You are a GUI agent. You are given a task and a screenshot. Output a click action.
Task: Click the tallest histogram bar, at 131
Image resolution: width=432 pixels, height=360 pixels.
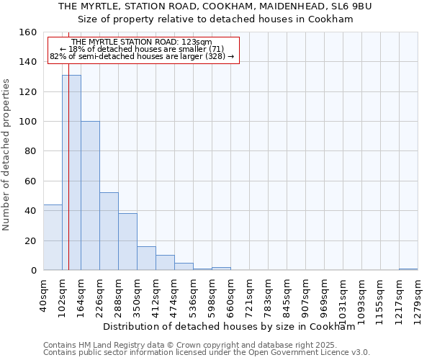point(71,173)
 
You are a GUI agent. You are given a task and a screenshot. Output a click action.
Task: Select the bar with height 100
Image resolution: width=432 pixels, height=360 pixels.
point(90,196)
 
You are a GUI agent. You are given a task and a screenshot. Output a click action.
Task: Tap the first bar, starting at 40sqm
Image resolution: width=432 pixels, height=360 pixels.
point(53,238)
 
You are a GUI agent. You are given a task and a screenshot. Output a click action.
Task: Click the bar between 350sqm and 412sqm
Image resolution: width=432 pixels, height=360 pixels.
point(146,258)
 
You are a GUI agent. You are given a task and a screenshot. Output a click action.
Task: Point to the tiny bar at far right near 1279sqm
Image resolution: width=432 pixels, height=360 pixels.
point(408,269)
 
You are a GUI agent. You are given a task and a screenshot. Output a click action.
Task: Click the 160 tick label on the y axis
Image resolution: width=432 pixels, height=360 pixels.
point(28,32)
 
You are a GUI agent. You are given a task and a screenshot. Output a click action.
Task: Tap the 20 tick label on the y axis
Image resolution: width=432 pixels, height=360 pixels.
point(31,240)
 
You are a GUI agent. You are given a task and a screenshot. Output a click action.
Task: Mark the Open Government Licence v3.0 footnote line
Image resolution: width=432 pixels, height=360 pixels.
point(207,352)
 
